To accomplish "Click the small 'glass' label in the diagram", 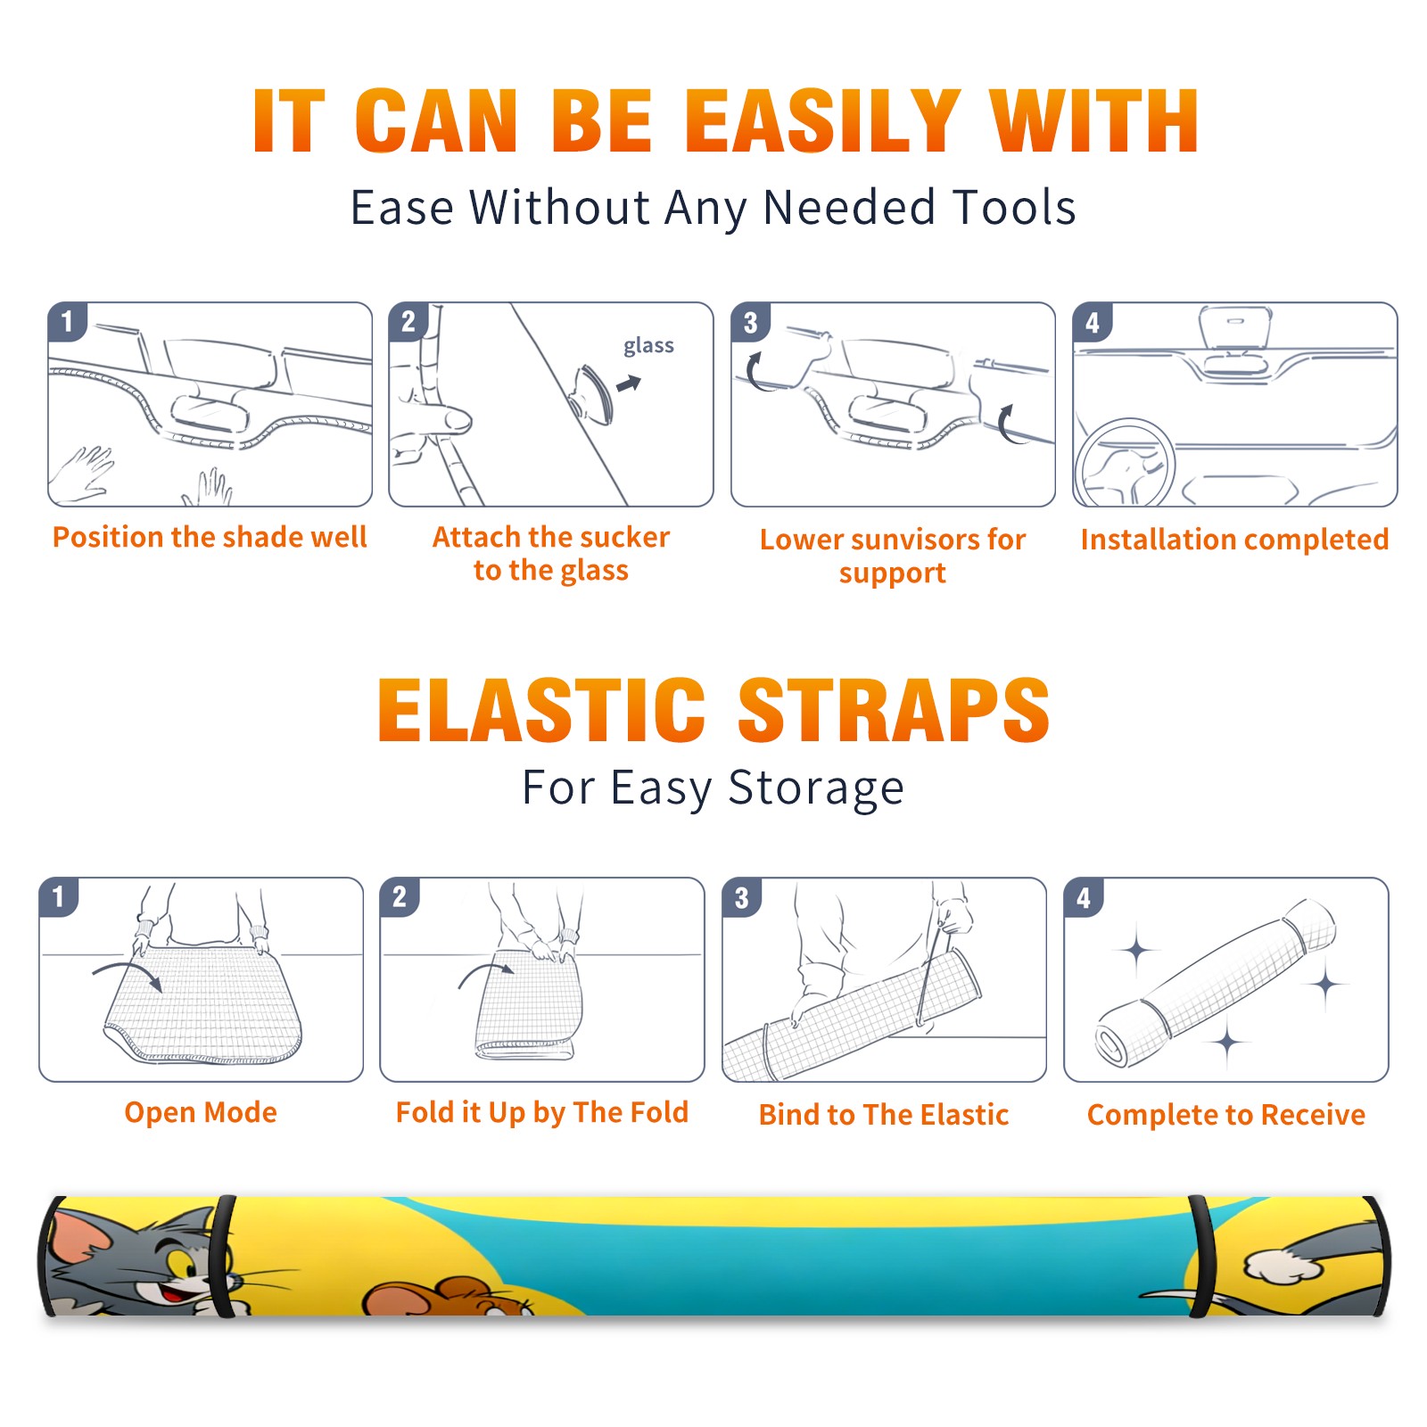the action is click(648, 346).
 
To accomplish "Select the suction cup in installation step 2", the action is click(592, 393).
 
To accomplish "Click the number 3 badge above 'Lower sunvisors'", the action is click(750, 322).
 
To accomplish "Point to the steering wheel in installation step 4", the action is click(1124, 464).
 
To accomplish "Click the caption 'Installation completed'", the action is click(1234, 539).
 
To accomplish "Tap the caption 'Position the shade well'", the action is click(210, 537).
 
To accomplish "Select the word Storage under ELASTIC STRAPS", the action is click(816, 788).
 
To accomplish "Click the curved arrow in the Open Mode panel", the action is click(128, 974).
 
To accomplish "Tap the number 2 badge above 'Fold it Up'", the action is click(399, 897).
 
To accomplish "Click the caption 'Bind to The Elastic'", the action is click(884, 1115).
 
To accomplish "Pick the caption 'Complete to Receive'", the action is click(1226, 1115).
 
